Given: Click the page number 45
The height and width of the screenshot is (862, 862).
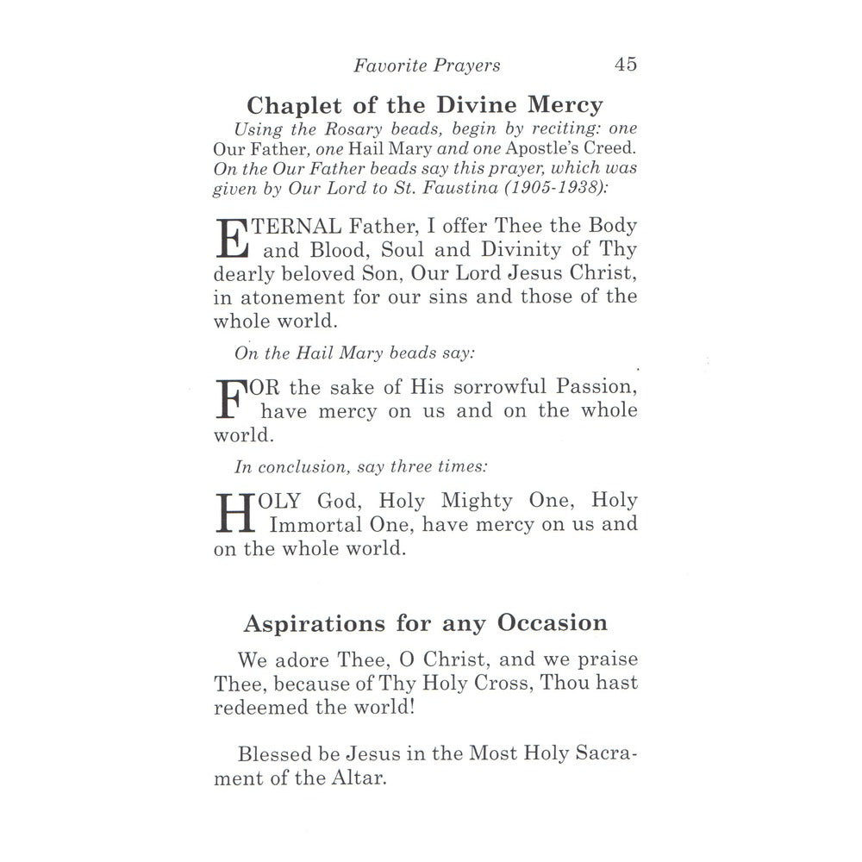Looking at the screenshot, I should (626, 65).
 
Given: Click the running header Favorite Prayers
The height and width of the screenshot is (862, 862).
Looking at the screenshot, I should (428, 66).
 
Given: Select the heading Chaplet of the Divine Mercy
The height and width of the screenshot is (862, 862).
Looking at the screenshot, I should (425, 106).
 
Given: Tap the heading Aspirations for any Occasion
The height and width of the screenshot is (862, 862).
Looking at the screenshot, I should (426, 623).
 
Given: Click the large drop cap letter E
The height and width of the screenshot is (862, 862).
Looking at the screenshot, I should (230, 239).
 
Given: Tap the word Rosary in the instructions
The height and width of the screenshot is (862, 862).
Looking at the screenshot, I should (340, 129).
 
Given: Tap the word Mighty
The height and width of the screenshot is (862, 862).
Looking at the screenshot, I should (477, 501).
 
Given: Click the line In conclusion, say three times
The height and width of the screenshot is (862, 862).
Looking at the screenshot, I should (361, 467).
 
